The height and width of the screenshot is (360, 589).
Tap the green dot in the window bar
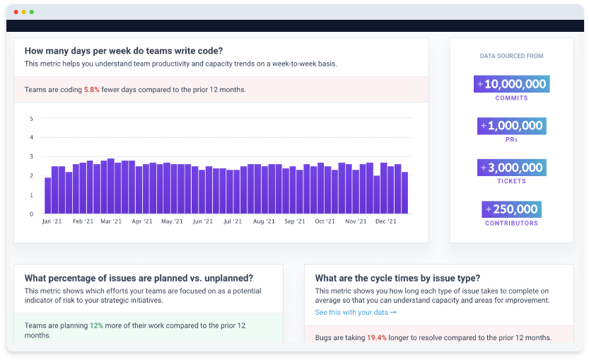pyautogui.click(x=31, y=12)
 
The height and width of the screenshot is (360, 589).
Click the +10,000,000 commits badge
pyautogui.click(x=511, y=84)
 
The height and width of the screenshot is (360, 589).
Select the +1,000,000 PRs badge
pyautogui.click(x=511, y=126)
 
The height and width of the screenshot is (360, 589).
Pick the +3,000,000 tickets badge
pyautogui.click(x=511, y=168)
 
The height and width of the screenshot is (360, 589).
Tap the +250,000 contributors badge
pyautogui.click(x=511, y=209)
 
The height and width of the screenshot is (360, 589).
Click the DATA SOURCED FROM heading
pyautogui.click(x=511, y=56)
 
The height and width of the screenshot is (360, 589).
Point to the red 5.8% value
pyautogui.click(x=92, y=90)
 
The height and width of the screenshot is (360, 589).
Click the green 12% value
pyautogui.click(x=96, y=325)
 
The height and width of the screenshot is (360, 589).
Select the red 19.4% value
pyautogui.click(x=376, y=338)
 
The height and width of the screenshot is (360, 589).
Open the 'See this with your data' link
pyautogui.click(x=356, y=312)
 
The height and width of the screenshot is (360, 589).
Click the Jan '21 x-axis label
pyautogui.click(x=52, y=221)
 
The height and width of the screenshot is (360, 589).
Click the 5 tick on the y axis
pyautogui.click(x=31, y=118)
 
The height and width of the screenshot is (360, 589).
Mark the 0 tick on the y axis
pyautogui.click(x=31, y=214)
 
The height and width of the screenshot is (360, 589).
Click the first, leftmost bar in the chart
pyautogui.click(x=47, y=196)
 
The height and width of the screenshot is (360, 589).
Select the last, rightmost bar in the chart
pyautogui.click(x=404, y=192)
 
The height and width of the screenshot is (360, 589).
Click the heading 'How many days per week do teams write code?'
pyautogui.click(x=124, y=51)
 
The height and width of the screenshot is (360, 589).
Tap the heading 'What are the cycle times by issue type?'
pyautogui.click(x=397, y=278)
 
